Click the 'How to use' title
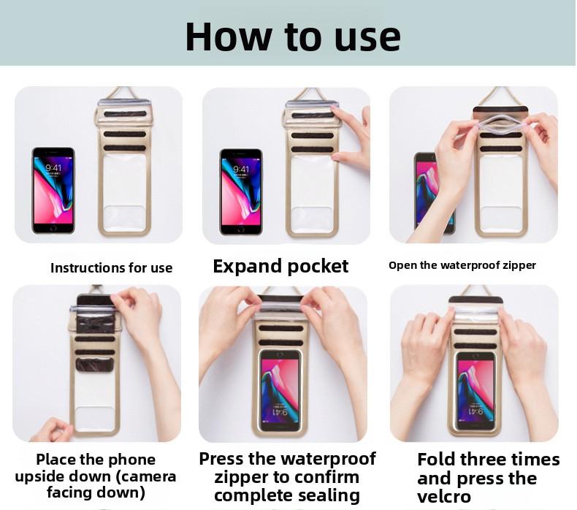click(x=292, y=36)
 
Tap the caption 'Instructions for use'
click(x=111, y=268)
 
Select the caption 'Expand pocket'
click(x=280, y=266)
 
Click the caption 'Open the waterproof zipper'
click(x=462, y=265)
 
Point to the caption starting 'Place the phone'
click(x=96, y=476)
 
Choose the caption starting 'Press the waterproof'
click(x=287, y=477)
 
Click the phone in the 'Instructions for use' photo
click(x=53, y=190)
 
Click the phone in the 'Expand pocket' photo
click(x=240, y=191)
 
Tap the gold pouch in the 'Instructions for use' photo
click(x=123, y=168)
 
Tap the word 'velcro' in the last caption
click(x=443, y=498)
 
